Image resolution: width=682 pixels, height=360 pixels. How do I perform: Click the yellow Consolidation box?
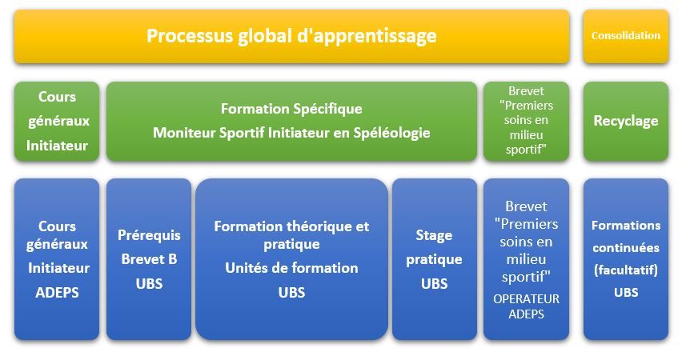(625, 37)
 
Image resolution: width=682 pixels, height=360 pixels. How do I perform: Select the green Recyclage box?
(625, 122)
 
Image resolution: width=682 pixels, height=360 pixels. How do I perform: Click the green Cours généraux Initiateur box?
(57, 122)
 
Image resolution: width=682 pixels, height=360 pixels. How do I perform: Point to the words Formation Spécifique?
(291, 109)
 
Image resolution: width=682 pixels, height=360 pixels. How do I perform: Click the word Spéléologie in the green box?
(391, 133)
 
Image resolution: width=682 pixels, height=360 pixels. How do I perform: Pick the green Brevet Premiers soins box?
(526, 122)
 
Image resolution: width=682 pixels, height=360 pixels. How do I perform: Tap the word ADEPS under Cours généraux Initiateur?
(57, 293)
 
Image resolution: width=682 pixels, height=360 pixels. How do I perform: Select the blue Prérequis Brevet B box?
(149, 259)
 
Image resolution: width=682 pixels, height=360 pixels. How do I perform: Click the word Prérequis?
(149, 235)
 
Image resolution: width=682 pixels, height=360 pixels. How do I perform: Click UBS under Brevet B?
(149, 284)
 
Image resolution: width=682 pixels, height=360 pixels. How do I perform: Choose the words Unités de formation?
(291, 268)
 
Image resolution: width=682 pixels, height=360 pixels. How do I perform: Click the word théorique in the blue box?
(316, 226)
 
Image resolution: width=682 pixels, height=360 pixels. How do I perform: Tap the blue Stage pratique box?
(434, 259)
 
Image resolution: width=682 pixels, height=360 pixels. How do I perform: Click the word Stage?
(434, 236)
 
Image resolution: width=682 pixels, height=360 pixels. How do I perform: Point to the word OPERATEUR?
(526, 299)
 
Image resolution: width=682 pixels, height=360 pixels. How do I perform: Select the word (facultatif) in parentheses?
(625, 270)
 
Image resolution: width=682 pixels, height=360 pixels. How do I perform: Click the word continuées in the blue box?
(625, 248)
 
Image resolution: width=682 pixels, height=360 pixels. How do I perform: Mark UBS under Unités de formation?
(291, 293)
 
